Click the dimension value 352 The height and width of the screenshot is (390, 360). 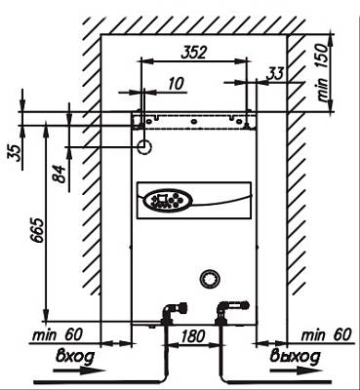(194, 53)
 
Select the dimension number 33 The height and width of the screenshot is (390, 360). (275, 74)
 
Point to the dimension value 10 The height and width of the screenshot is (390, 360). (176, 84)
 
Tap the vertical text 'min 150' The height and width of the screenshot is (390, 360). (323, 72)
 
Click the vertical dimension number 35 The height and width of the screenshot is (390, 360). (15, 153)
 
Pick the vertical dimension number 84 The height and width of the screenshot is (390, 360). (60, 174)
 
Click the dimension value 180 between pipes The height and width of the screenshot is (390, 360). (193, 335)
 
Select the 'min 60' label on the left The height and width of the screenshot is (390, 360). (58, 334)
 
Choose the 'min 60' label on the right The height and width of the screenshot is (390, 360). (327, 334)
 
